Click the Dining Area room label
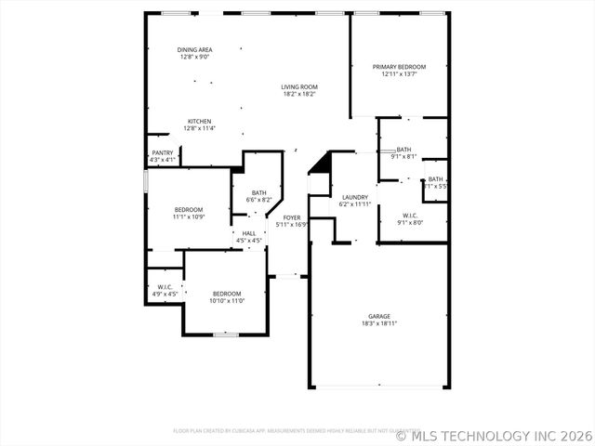coord(195,49)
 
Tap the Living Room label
coord(299,87)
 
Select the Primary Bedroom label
coord(399,67)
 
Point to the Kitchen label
coord(199,122)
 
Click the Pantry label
coord(163,153)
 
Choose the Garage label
coord(378,317)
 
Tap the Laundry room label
coord(354,197)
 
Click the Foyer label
coord(291,217)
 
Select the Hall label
coord(248,234)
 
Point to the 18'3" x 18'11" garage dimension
coord(378,324)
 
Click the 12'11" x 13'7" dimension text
coord(399,74)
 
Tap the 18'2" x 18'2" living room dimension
coord(299,94)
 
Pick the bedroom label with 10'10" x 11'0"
coord(226,294)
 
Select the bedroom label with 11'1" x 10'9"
coord(189,210)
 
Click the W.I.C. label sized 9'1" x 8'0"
coord(410,216)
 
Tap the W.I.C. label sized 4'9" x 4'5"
coord(165,287)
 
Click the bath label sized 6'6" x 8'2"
coord(258,193)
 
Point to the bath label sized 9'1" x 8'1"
coord(403,150)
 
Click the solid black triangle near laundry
coord(322,164)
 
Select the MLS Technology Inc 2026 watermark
coord(495,434)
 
